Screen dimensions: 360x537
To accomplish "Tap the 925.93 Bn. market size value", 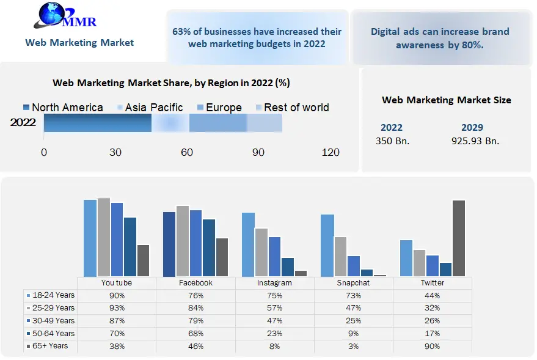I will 472,141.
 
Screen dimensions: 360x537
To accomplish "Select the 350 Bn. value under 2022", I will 392,141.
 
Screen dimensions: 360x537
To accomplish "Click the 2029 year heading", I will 472,128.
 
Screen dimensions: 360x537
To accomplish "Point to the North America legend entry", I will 63,108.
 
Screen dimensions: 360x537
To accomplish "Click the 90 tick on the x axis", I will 258,152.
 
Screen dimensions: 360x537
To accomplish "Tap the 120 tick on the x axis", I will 331,152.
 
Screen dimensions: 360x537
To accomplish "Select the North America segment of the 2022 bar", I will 98,123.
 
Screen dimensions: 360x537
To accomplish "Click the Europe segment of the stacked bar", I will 218,123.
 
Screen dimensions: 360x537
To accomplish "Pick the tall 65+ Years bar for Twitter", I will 459,238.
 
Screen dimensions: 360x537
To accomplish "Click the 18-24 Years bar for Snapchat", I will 327,245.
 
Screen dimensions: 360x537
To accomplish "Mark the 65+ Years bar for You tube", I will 143,260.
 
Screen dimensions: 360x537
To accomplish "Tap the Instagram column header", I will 275,283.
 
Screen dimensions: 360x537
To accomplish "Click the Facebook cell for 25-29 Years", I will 195,308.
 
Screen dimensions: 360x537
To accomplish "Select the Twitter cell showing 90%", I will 433,346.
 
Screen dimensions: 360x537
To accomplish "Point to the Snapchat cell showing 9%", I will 354,333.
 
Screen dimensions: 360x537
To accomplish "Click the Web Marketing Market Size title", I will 447,100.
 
